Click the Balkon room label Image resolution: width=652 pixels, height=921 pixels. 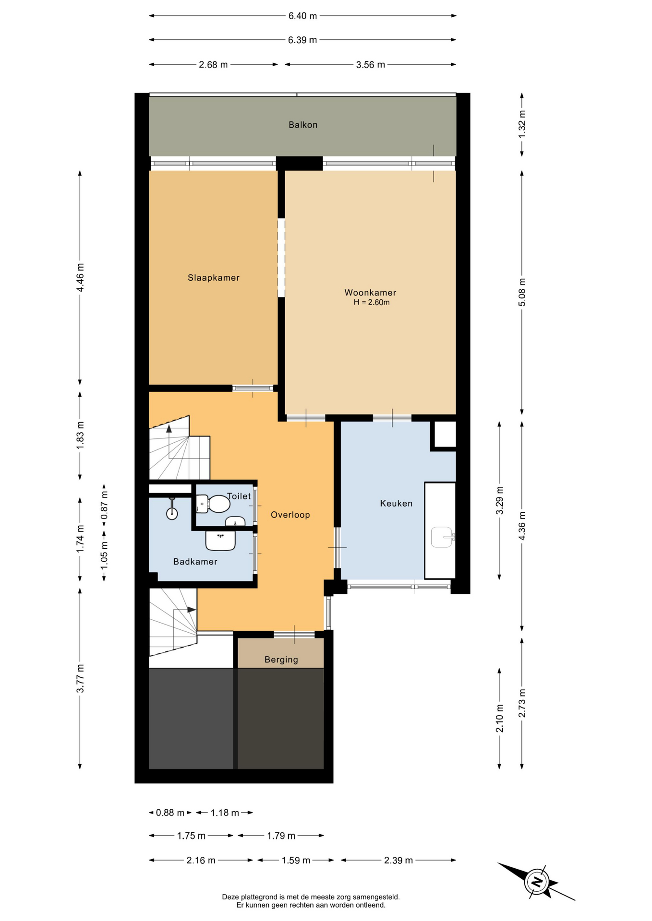pos(303,125)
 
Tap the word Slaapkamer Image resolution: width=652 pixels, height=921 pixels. pos(214,278)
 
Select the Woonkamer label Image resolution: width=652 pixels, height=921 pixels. pos(370,293)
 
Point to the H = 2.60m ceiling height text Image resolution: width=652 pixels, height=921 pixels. pos(372,303)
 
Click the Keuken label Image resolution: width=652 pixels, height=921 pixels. pos(396,503)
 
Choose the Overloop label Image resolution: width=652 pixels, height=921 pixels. pos(290,515)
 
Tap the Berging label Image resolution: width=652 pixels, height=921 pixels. pos(281,660)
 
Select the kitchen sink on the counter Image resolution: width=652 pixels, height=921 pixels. pos(443,537)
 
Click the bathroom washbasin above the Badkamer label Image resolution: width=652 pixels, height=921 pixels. pos(220,541)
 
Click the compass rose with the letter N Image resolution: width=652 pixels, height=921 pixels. pos(537,882)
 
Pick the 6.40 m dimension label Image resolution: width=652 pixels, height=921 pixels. pos(302,16)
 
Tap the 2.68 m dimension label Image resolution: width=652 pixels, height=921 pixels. pos(213,64)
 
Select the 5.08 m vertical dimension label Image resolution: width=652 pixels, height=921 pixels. pos(522,293)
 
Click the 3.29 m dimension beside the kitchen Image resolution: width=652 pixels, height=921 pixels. pos(500,500)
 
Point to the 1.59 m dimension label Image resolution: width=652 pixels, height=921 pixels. pos(296,860)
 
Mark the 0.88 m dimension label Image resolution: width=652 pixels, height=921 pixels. pos(170,813)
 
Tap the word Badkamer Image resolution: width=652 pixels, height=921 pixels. pos(195,562)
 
